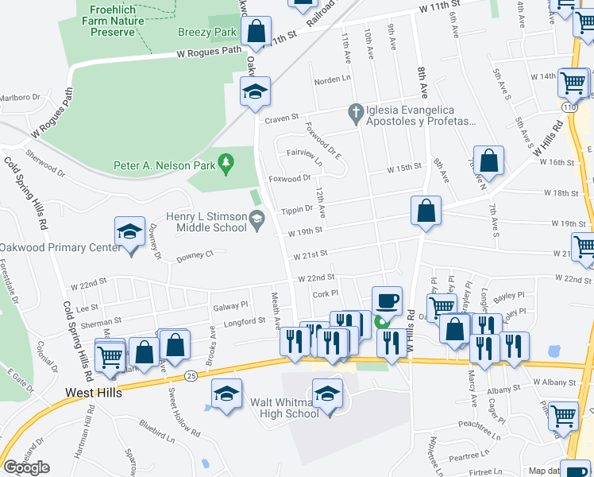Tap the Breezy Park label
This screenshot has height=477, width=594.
click(x=207, y=32)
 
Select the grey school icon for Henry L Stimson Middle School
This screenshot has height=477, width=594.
click(x=256, y=218)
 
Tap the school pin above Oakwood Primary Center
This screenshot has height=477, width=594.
click(x=129, y=231)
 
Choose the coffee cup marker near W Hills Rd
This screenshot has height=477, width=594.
click(x=386, y=301)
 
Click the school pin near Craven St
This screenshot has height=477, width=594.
click(x=255, y=91)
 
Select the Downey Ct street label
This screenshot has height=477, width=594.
click(x=195, y=255)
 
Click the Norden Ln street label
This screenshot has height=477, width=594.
click(x=332, y=79)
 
